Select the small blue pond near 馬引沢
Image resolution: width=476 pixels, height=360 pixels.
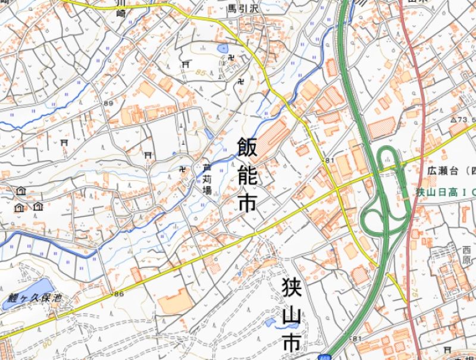pos(223,48)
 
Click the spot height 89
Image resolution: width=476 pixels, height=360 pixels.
pos(108,104)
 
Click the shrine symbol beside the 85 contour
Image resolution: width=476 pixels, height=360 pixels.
pos(186,64)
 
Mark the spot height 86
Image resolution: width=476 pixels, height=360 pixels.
pos(118,294)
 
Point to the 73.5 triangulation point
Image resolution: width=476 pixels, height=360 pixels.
pos(461,120)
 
